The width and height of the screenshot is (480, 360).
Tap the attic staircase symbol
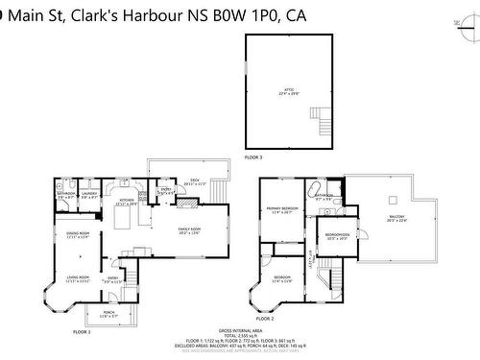[325, 121]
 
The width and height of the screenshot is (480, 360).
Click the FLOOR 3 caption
[252, 156]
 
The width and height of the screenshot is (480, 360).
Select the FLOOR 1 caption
[82, 331]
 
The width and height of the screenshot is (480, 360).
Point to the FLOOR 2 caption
[265, 319]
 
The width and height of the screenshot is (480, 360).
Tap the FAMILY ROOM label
[189, 230]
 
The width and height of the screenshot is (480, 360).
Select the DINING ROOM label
[78, 235]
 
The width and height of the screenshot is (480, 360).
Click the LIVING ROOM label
[77, 279]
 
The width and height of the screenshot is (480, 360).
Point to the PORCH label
[108, 314]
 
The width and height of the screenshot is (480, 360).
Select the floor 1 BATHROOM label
[66, 195]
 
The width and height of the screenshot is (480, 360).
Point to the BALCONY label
[396, 219]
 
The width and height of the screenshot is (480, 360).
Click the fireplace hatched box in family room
[190, 204]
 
